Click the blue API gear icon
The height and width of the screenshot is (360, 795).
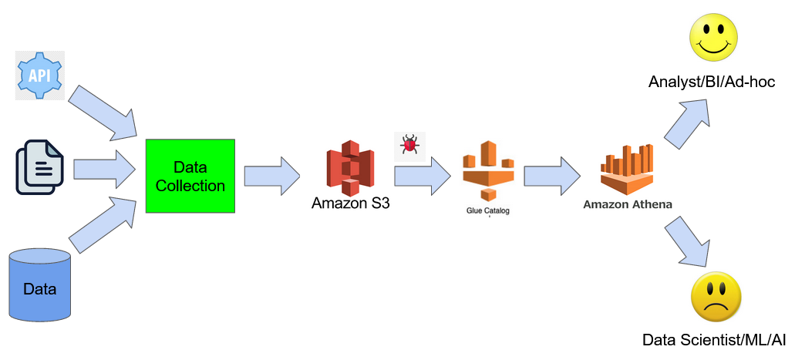(x=39, y=75)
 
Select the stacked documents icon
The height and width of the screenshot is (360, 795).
(x=39, y=168)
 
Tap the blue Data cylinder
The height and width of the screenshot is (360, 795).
(x=40, y=285)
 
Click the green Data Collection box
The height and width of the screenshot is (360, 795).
(x=190, y=176)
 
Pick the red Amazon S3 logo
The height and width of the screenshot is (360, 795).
(x=350, y=168)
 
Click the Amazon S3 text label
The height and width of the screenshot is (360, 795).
(x=351, y=203)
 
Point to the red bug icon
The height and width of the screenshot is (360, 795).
(x=409, y=146)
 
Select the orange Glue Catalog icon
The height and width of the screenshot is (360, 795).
(x=488, y=171)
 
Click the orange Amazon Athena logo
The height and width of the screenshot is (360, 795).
(x=627, y=170)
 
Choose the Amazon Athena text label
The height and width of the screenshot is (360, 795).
(x=628, y=205)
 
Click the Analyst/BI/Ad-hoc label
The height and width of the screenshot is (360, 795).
(x=712, y=82)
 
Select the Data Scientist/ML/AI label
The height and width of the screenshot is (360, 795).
(x=714, y=340)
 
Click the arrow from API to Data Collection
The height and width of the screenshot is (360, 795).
(x=103, y=113)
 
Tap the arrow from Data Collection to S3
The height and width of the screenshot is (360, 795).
(x=272, y=176)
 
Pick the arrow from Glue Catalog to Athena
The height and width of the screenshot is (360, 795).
(x=552, y=176)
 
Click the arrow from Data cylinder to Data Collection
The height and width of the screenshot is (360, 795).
(x=103, y=224)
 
